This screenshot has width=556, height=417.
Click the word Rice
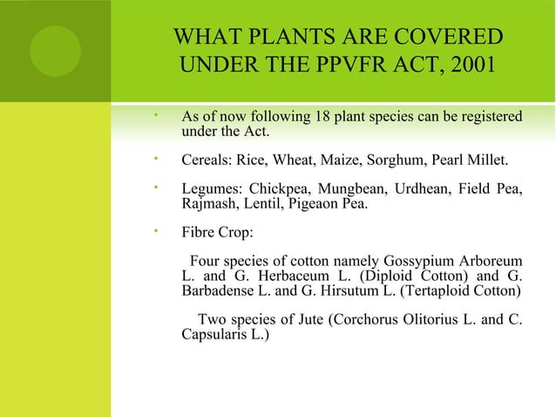tap(251, 161)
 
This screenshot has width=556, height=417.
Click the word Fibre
tap(200, 234)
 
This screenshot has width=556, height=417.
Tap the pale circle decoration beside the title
tap(56, 51)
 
